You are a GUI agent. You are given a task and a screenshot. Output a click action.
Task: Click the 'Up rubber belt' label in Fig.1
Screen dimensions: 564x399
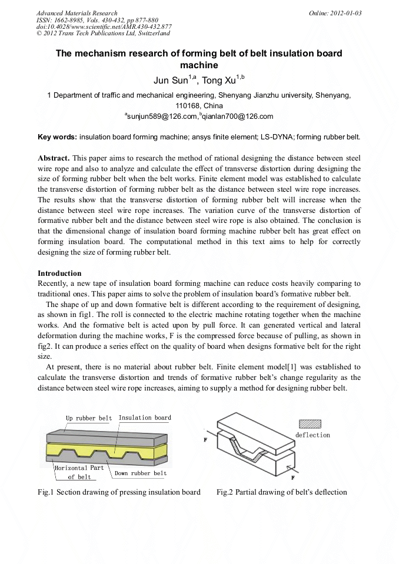click(88, 418)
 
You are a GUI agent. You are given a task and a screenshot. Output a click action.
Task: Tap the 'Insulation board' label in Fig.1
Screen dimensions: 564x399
click(145, 418)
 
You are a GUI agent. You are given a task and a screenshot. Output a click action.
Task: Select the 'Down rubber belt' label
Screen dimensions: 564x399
click(141, 473)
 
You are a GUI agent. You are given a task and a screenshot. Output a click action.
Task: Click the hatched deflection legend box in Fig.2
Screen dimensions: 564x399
click(310, 423)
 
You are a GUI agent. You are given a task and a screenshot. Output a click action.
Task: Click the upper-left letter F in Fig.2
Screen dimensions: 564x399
click(205, 439)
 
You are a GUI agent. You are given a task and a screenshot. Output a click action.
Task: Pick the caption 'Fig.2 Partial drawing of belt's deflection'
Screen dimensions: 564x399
click(281, 492)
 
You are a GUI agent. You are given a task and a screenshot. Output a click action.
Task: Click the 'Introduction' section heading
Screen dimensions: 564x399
click(59, 273)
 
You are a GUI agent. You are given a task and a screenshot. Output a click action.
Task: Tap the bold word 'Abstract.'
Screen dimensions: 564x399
click(55, 159)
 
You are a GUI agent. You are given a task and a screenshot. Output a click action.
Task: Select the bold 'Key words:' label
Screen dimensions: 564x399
click(57, 137)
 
